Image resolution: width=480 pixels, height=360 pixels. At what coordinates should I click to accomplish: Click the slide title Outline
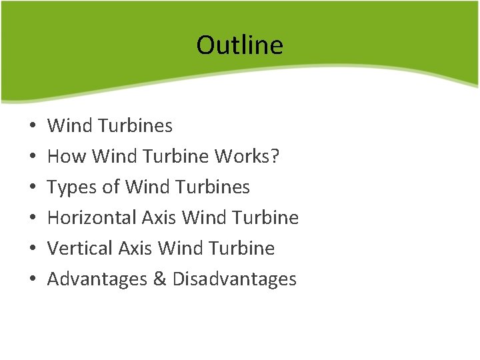click(x=239, y=45)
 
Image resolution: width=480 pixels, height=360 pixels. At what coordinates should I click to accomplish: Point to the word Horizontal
click(x=91, y=217)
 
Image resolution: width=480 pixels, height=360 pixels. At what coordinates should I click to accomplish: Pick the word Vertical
click(x=81, y=248)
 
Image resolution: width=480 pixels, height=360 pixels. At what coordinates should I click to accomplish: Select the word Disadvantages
click(x=234, y=279)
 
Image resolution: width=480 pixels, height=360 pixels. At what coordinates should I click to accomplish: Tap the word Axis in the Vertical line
click(x=135, y=248)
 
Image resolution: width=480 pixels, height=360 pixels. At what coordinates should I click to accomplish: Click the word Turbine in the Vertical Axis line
click(x=242, y=248)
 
